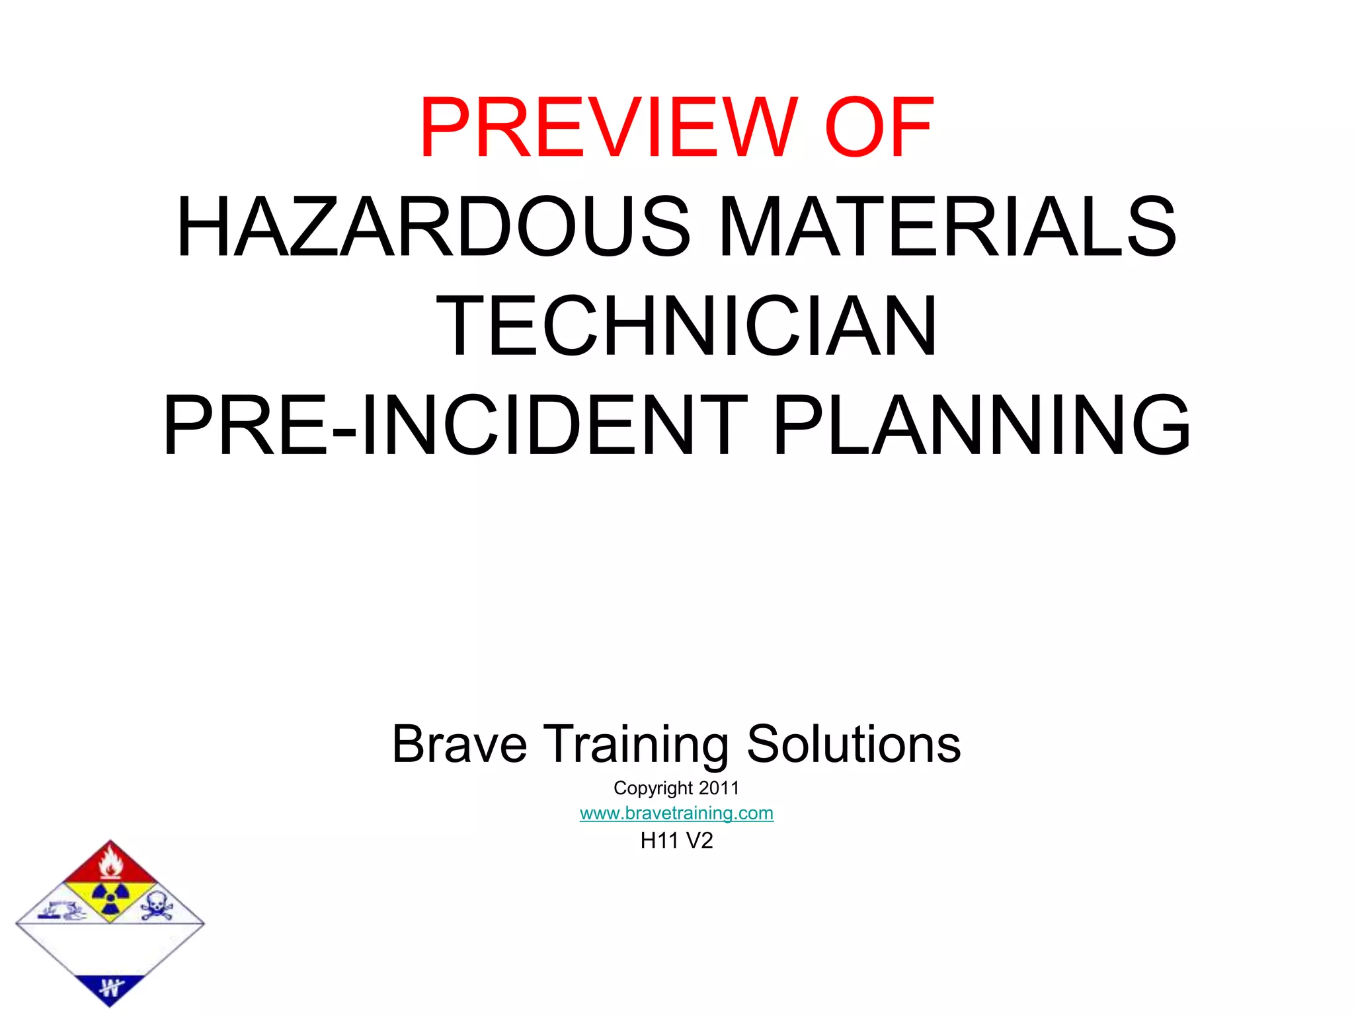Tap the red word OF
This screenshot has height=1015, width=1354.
click(x=879, y=128)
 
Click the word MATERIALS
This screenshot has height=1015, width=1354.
click(x=947, y=227)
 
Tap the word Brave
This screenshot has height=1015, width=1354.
click(x=459, y=744)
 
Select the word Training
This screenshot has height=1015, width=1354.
click(x=636, y=745)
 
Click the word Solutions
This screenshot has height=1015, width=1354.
click(x=853, y=744)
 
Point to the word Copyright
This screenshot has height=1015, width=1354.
click(x=653, y=788)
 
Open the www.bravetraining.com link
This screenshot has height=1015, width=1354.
click(x=676, y=813)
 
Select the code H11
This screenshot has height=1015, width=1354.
click(x=659, y=841)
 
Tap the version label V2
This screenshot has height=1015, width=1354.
click(x=699, y=841)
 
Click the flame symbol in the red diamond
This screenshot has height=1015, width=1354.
click(x=110, y=863)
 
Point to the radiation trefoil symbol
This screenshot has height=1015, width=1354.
click(x=110, y=898)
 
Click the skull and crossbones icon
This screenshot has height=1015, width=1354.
click(x=157, y=906)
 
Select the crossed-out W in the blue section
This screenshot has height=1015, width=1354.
click(x=110, y=989)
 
